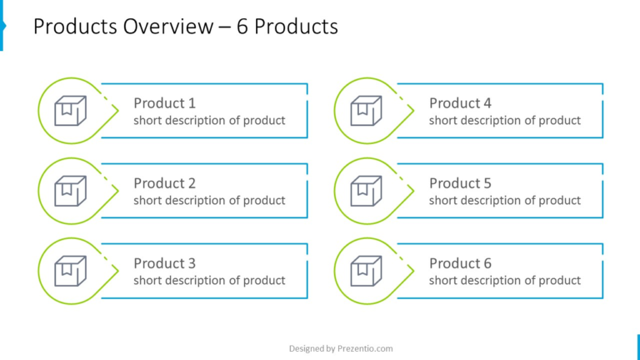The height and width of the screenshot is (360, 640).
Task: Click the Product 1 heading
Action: coord(164,103)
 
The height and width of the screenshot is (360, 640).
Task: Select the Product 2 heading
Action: coord(164,183)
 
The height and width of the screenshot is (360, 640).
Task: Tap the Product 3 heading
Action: coord(164,263)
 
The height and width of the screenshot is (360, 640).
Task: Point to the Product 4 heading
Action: coord(460,103)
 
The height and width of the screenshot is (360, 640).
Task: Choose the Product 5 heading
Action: coord(460,183)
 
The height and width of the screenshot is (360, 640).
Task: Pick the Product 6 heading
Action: coord(460,263)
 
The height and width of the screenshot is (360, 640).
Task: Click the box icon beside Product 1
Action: coord(70,111)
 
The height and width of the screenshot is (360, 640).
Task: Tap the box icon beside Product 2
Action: coord(70,191)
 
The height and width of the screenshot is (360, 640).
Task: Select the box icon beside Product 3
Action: coord(70,271)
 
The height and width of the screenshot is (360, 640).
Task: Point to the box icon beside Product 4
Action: coord(366,111)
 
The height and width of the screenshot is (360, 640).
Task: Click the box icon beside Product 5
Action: coord(366,191)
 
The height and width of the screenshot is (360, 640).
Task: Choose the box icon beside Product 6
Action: coord(366,271)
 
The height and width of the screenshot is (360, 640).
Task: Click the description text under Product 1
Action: coord(209,121)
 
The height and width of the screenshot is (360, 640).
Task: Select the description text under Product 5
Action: coord(505,201)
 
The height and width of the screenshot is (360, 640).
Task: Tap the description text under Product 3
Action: coord(209,281)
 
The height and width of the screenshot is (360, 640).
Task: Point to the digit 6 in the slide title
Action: coord(242,27)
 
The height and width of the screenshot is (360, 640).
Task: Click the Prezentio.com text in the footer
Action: coord(365,348)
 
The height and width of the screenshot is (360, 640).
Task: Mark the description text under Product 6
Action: coord(505,281)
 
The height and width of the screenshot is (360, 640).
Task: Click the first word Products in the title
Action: coord(72,27)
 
